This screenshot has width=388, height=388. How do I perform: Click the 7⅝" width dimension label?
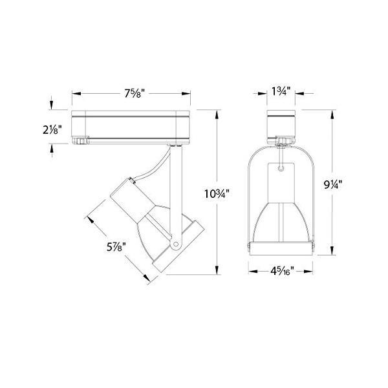pos(134,93)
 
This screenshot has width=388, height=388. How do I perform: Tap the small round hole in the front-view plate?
pos(281,167)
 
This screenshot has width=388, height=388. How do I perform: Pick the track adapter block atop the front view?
pos(281,124)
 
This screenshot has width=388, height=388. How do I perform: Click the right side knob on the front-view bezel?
pos(314,247)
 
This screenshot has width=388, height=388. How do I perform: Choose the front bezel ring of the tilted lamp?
pos(174,249)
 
